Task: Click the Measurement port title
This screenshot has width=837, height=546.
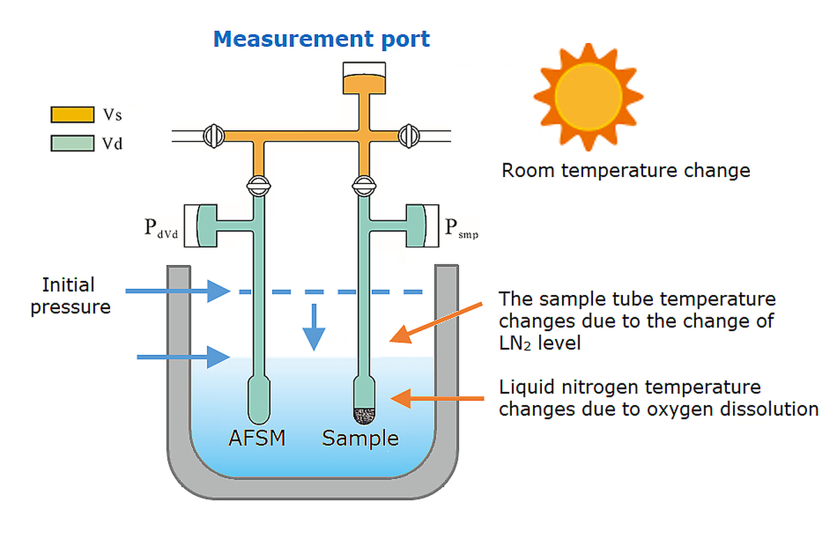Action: [322, 38]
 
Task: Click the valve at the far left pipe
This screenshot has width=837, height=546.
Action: [213, 134]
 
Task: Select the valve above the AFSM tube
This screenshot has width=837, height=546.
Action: [259, 186]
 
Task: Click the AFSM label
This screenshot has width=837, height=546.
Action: [257, 439]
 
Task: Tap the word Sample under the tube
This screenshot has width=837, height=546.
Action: [360, 439]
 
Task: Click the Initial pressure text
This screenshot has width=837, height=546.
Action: [69, 296]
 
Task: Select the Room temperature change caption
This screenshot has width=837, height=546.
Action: [626, 170]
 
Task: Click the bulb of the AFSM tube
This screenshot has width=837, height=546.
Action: [259, 399]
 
